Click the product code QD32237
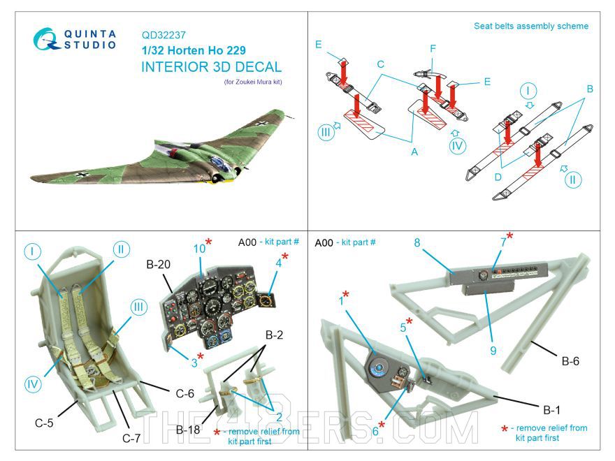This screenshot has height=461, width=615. point(164,34)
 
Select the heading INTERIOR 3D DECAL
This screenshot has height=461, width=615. point(212,67)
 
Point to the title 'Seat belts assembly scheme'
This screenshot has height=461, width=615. point(531,27)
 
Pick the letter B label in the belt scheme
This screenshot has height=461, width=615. point(591,89)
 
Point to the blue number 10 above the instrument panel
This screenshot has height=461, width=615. point(199,249)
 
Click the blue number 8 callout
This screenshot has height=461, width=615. point(417,243)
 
